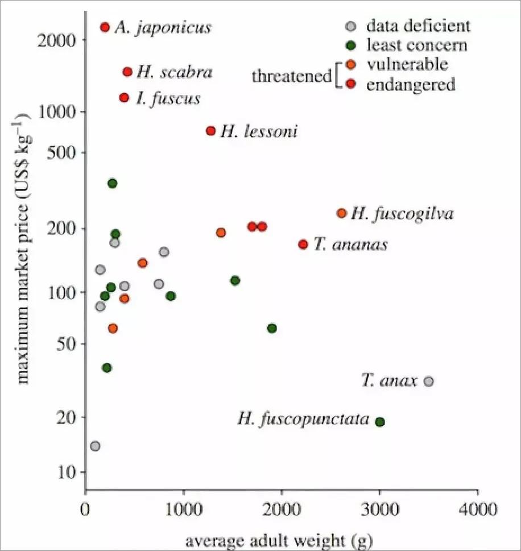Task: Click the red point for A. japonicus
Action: (x=105, y=27)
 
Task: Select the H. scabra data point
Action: (x=127, y=72)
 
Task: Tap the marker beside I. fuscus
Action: (x=125, y=98)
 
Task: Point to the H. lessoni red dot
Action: (x=210, y=131)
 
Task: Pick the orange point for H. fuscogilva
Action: (x=341, y=213)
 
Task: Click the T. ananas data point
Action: (x=303, y=244)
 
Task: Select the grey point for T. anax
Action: (x=429, y=381)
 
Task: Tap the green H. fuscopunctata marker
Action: (x=380, y=421)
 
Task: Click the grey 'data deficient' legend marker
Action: (x=351, y=26)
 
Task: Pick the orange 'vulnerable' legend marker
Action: (x=351, y=65)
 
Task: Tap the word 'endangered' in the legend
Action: (x=411, y=85)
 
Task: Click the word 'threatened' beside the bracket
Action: (x=292, y=76)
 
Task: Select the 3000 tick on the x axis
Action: (x=379, y=505)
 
